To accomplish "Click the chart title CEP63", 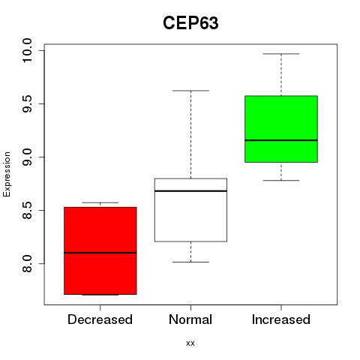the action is tap(190, 23).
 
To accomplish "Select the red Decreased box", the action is tap(100, 250).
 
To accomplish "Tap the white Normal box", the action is tap(190, 210).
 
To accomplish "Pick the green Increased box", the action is tap(281, 129).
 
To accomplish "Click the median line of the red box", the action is tap(100, 253).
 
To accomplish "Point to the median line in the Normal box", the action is tap(190, 191).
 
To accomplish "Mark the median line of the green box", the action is tap(281, 140).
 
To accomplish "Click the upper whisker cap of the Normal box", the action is tap(190, 91).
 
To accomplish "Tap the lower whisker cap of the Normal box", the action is tap(190, 262).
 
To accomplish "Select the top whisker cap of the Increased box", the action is tap(281, 54).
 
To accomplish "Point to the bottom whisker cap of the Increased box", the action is tap(281, 180).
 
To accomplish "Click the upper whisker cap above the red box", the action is tap(100, 202).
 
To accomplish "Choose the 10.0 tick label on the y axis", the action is tap(27, 50).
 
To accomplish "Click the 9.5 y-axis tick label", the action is tap(27, 103).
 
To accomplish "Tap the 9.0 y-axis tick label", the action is tap(27, 157).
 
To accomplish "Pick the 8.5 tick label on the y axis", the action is tap(27, 210).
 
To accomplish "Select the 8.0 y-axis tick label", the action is tap(27, 263).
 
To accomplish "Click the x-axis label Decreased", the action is tap(100, 319).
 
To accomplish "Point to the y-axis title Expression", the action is tap(7, 174).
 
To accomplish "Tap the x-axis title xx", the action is tap(190, 343).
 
